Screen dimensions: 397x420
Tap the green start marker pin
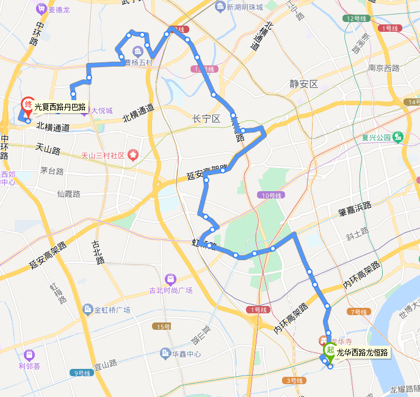click(330, 351)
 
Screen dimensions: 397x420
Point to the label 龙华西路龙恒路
click(363, 352)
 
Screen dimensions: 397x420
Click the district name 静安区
click(304, 84)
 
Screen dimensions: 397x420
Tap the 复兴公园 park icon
click(398, 136)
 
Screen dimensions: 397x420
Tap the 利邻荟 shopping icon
click(29, 355)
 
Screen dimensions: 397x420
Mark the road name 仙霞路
click(68, 194)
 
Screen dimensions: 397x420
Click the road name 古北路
click(98, 251)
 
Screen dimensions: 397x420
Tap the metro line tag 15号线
click(162, 327)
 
